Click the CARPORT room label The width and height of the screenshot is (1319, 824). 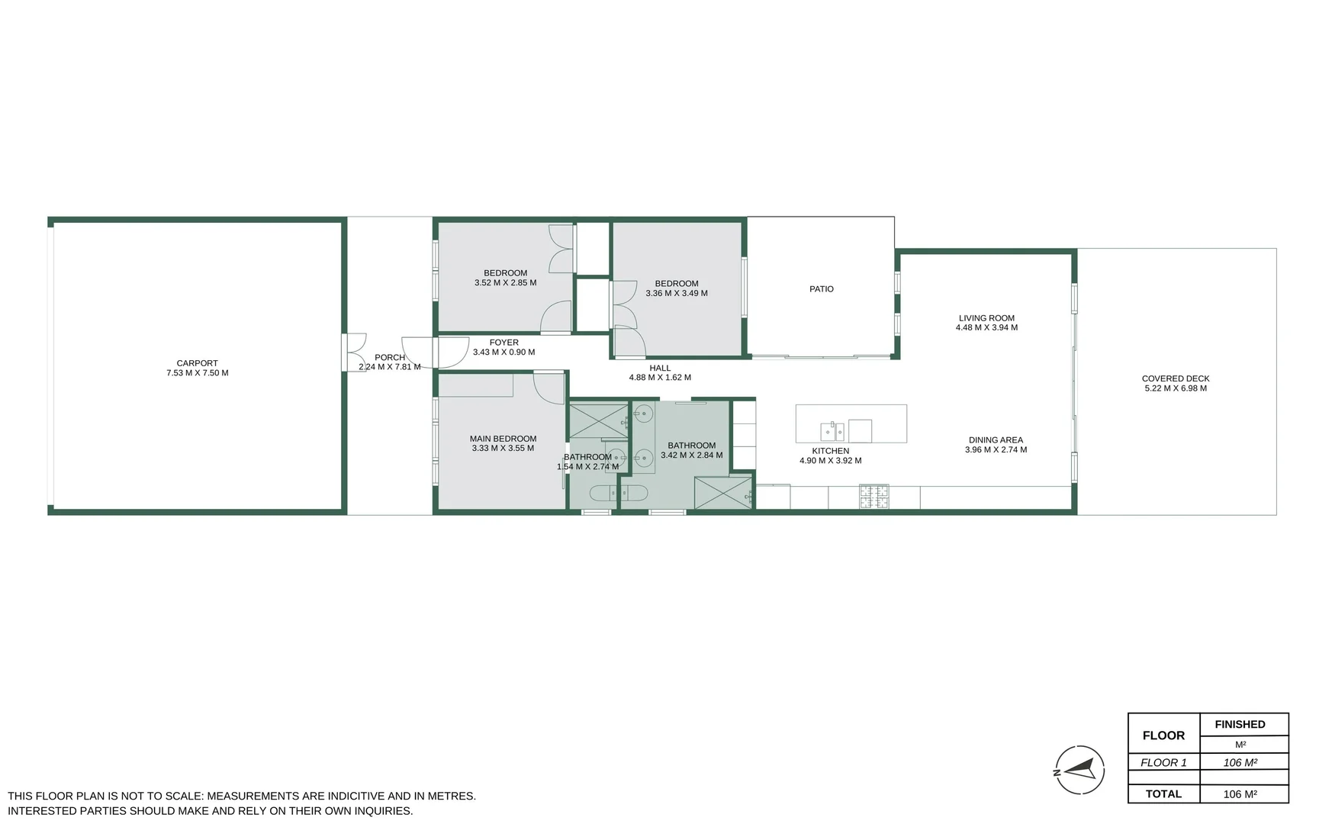click(197, 363)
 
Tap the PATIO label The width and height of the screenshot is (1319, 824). click(821, 289)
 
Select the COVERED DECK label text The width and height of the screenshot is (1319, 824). click(1175, 378)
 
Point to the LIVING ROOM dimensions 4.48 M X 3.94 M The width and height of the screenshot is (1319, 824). click(986, 328)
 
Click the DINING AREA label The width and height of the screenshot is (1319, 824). click(995, 440)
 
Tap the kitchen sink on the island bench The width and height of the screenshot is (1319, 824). click(832, 431)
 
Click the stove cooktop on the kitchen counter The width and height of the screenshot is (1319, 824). click(873, 497)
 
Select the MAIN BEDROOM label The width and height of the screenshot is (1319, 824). click(503, 439)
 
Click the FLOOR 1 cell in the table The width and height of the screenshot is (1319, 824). click(1163, 762)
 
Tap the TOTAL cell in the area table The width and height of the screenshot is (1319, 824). click(1163, 794)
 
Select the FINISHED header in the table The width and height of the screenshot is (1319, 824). click(1240, 724)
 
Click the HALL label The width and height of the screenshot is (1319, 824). click(660, 368)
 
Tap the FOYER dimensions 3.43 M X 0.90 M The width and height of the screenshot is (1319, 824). click(503, 352)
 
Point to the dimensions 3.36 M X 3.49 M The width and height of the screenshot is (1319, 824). click(676, 294)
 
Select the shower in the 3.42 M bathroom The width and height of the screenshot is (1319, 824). click(722, 492)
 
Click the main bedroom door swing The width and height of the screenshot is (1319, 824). click(548, 387)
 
